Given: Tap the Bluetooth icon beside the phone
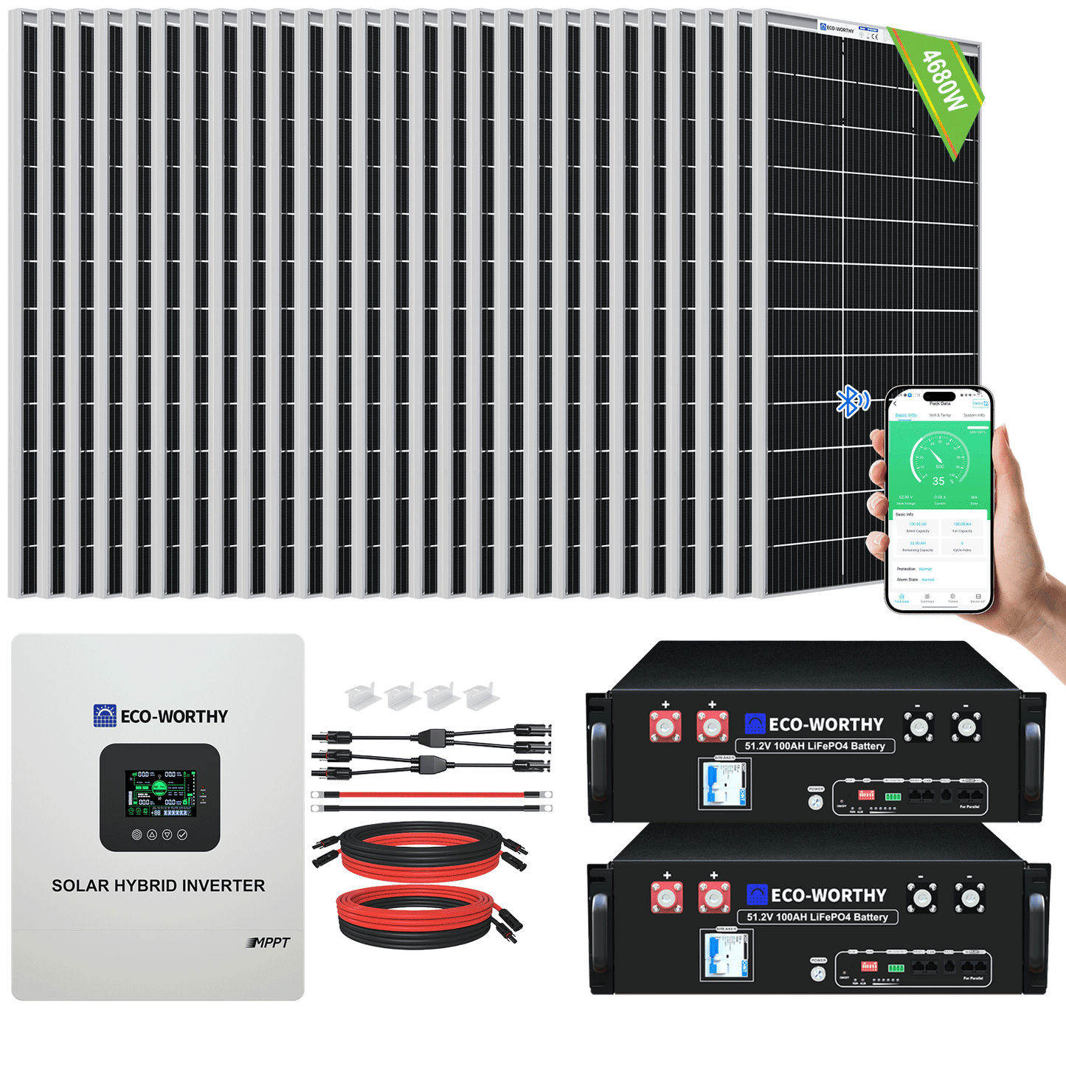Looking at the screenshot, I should pyautogui.click(x=851, y=401).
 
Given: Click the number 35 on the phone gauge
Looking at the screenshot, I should pyautogui.click(x=938, y=481).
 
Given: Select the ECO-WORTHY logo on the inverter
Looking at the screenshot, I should pyautogui.click(x=161, y=716).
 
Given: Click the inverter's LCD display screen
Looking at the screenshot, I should pyautogui.click(x=161, y=793).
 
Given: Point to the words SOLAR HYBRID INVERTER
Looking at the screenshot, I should pyautogui.click(x=158, y=885).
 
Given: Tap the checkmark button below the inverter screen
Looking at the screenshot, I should pyautogui.click(x=182, y=835).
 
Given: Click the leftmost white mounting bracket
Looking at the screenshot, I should pyautogui.click(x=361, y=694).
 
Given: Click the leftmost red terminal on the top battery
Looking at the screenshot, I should pyautogui.click(x=665, y=726).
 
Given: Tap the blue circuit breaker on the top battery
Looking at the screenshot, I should pyautogui.click(x=724, y=783).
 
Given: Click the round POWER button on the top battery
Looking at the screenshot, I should pyautogui.click(x=815, y=802).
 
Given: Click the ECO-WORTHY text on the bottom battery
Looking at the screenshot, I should pyautogui.click(x=828, y=896).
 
